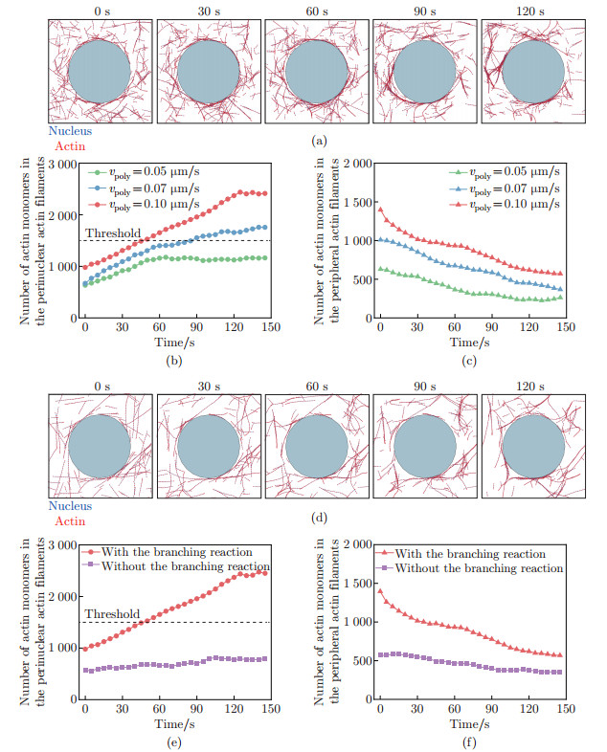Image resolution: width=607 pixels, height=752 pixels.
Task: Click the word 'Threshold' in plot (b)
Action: coord(112,232)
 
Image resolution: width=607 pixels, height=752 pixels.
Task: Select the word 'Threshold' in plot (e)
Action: coord(112,614)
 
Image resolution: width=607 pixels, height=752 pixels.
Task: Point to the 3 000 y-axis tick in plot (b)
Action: coord(63,165)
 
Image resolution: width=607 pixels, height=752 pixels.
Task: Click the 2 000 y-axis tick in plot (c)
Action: coord(353,165)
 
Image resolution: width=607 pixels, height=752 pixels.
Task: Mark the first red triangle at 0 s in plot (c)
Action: coord(380,209)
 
